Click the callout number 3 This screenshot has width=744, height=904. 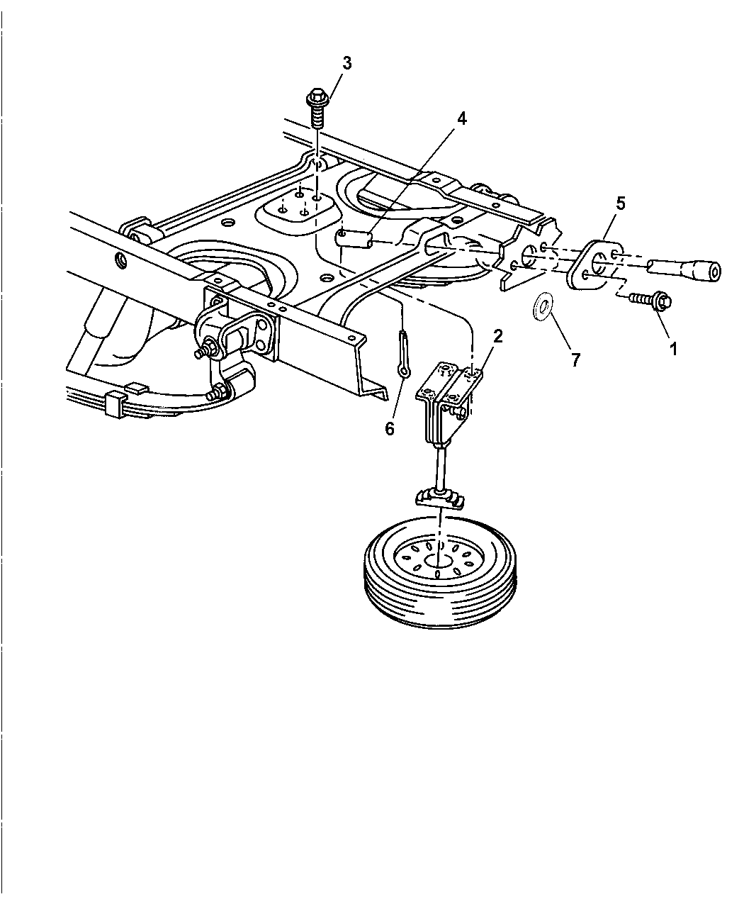click(346, 63)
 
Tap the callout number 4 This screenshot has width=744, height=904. click(462, 118)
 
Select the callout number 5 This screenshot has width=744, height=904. click(621, 203)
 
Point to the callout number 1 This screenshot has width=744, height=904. click(673, 349)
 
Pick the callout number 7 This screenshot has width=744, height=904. click(575, 359)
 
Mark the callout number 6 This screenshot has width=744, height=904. click(390, 429)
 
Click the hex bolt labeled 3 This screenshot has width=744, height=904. click(317, 108)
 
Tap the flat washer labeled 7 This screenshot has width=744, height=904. click(541, 308)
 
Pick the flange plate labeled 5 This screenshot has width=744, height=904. click(595, 265)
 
